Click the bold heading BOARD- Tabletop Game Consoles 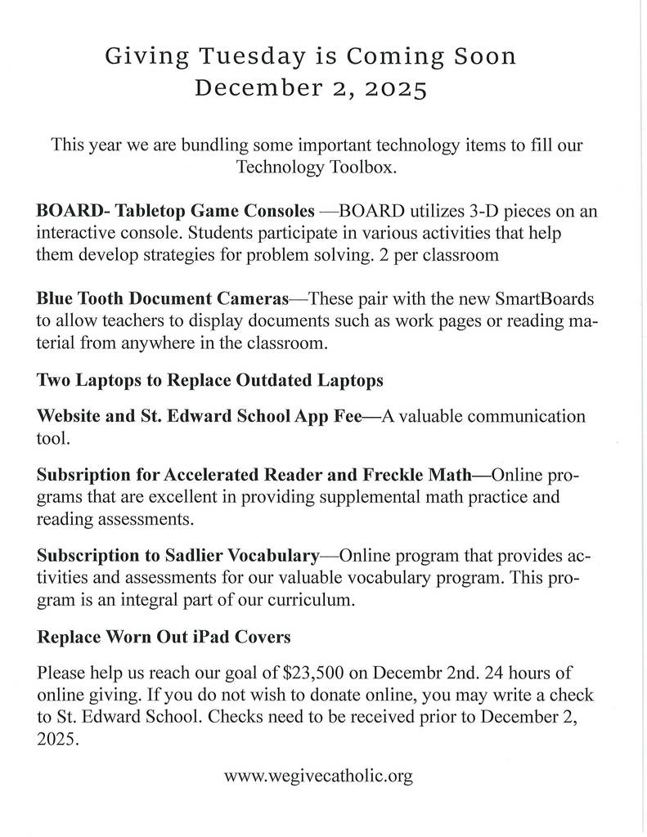click(176, 211)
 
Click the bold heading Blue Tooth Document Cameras click(163, 297)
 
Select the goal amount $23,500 click(316, 674)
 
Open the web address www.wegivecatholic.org click(318, 777)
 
